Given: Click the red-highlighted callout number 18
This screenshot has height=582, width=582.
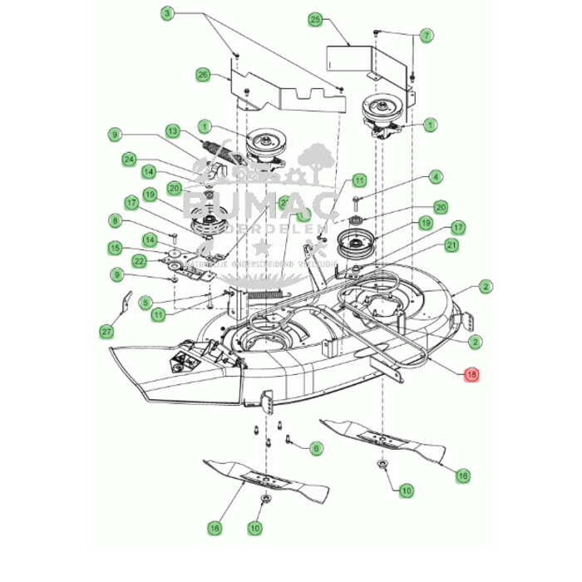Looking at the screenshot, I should pyautogui.click(x=472, y=375).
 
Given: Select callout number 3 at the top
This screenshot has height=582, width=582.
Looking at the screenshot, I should pyautogui.click(x=167, y=14).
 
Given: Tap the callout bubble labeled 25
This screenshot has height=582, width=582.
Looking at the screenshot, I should pyautogui.click(x=315, y=18).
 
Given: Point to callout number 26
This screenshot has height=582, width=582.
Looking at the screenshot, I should pyautogui.click(x=203, y=75).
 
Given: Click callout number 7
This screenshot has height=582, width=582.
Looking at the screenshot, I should pyautogui.click(x=426, y=35).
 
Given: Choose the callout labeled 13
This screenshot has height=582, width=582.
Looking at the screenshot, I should pyautogui.click(x=173, y=131).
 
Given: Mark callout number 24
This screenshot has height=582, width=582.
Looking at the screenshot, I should pyautogui.click(x=129, y=158).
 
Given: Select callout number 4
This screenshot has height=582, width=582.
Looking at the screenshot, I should pyautogui.click(x=436, y=177).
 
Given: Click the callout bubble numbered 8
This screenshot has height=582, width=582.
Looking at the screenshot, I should pyautogui.click(x=115, y=220).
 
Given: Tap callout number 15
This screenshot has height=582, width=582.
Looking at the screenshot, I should pyautogui.click(x=115, y=248).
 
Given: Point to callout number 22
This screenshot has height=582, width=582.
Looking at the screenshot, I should pyautogui.click(x=141, y=261).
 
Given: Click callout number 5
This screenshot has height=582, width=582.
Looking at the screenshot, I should pyautogui.click(x=145, y=302).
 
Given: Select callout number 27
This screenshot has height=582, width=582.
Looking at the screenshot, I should pyautogui.click(x=106, y=331).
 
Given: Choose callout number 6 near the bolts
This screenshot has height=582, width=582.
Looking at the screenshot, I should pyautogui.click(x=316, y=448).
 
